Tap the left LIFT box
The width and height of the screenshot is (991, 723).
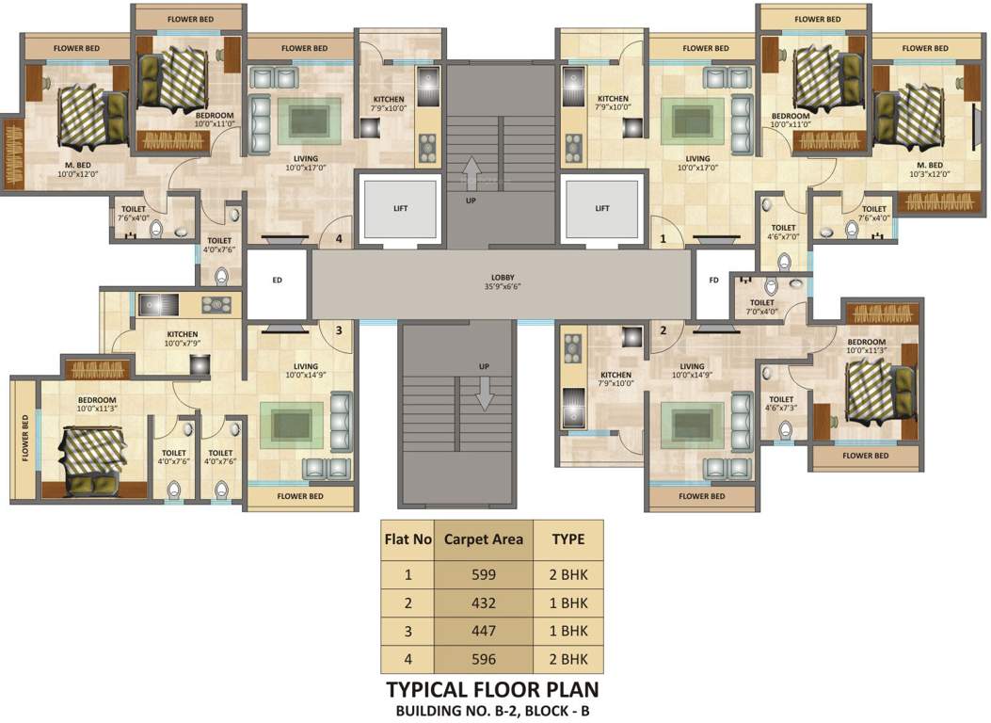[x=400, y=208]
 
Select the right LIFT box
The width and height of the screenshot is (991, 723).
[x=602, y=208]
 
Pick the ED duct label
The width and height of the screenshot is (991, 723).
[x=277, y=280]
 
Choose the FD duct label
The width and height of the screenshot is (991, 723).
[x=713, y=280]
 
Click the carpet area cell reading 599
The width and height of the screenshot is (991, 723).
[x=484, y=575]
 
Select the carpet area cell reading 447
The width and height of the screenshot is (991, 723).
[x=484, y=631]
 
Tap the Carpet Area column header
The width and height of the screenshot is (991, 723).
[x=484, y=539]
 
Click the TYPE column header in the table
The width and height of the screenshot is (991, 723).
[x=568, y=539]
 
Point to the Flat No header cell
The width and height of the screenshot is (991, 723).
[x=408, y=539]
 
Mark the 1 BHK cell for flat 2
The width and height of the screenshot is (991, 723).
[x=568, y=602]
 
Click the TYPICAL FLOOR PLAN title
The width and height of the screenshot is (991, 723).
[x=492, y=689]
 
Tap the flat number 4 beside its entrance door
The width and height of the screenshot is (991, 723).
[x=340, y=239]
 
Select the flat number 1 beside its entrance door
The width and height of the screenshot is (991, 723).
[x=663, y=239]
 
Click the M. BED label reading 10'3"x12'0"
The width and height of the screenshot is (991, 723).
[x=930, y=169]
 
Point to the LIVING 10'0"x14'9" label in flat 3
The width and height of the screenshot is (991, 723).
[x=305, y=370]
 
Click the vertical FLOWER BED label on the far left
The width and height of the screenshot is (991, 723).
[x=25, y=438]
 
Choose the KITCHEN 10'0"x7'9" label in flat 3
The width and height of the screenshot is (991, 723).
[x=183, y=339]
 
